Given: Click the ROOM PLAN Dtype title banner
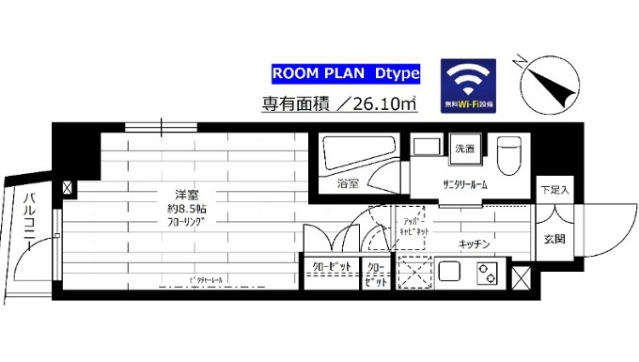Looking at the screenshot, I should [x=345, y=72].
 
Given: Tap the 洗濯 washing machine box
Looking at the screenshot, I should [x=465, y=149].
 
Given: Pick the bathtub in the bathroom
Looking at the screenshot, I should [x=357, y=153].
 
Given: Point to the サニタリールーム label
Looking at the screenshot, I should [x=465, y=184].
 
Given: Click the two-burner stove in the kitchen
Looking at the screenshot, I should [x=488, y=275].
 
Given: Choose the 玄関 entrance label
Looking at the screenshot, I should [x=553, y=239].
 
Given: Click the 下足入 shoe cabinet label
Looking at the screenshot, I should [x=554, y=190].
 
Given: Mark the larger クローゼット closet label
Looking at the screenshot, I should [x=331, y=268].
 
